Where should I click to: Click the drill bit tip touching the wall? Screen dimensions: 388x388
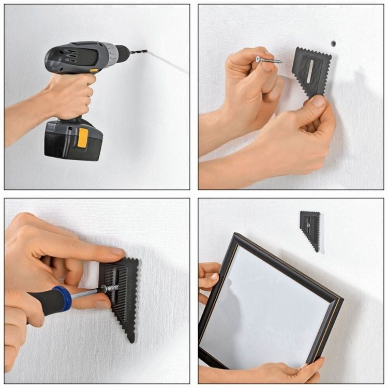coord(146,51)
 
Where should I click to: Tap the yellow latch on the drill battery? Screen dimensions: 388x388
coord(83,138)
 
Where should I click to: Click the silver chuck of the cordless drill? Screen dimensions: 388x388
coord(111,54)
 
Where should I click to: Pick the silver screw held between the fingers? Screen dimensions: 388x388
coord(269,61)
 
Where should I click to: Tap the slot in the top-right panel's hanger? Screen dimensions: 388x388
coord(310,71)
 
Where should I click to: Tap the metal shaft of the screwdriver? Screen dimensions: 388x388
coord(85,293)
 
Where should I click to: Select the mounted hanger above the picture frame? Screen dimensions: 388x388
coord(310,228)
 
